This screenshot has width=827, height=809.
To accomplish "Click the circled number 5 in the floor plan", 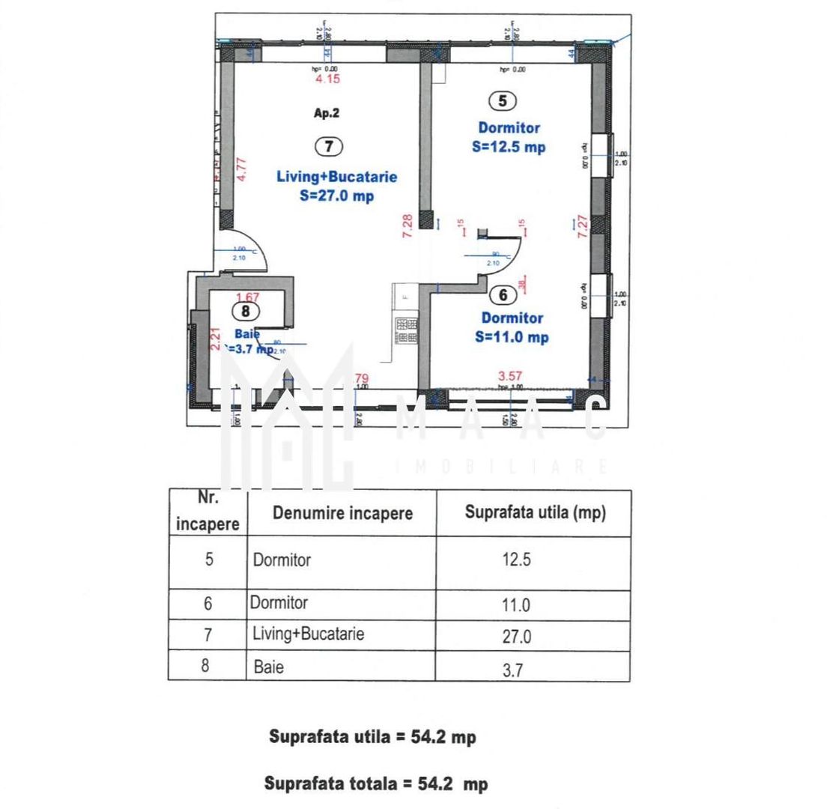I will (x=503, y=100).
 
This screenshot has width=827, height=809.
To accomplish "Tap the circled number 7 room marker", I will (x=328, y=147).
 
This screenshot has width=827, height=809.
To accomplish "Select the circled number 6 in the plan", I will (x=503, y=295).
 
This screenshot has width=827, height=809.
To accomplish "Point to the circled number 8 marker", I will (x=245, y=310).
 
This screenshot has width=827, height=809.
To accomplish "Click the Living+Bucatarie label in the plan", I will (x=336, y=178).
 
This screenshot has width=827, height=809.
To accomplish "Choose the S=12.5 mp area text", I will (x=509, y=147).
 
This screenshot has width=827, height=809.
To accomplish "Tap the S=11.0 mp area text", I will (x=512, y=337).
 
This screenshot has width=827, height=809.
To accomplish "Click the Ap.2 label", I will (x=327, y=114).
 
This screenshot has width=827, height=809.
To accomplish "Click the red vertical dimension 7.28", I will (x=407, y=225).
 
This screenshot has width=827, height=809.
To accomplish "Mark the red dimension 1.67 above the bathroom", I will (x=247, y=297).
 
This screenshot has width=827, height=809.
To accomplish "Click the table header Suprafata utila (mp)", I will (x=535, y=513).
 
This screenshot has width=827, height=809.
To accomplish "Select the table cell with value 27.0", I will (x=517, y=637).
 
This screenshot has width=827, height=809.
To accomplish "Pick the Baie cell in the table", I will (x=269, y=666).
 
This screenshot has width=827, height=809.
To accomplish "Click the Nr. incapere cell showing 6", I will (x=208, y=604).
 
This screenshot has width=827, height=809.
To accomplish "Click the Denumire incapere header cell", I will (x=342, y=513).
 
